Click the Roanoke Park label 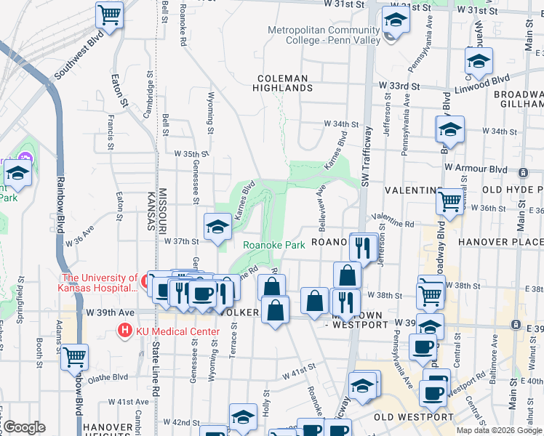coord(273,246)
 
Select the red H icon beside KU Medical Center coord(124,331)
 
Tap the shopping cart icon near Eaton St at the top coord(109,14)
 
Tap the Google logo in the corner coord(23,427)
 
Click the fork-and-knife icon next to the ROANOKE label coord(361,247)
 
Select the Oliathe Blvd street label coord(108,377)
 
